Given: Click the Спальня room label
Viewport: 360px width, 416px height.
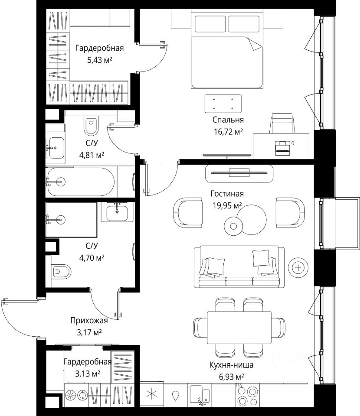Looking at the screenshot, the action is [x=228, y=120].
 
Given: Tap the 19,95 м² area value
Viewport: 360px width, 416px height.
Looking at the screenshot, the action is [x=227, y=205].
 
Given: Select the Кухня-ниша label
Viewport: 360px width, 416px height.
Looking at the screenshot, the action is [x=231, y=365].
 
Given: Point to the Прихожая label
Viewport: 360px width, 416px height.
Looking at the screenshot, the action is [x=89, y=321].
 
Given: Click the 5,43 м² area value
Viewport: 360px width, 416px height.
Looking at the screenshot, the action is [x=100, y=60].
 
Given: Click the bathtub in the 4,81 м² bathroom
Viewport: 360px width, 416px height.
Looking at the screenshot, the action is [x=80, y=182].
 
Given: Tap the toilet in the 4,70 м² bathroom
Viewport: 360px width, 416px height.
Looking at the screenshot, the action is [x=61, y=271].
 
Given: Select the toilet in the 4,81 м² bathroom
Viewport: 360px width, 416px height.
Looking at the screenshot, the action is [x=92, y=126].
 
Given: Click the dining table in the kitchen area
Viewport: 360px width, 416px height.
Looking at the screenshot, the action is [x=239, y=328].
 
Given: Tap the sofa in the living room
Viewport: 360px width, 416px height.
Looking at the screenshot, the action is [x=239, y=266].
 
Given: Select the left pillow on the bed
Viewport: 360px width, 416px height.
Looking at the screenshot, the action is [x=210, y=24].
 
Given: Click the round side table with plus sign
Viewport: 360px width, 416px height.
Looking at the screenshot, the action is [x=298, y=268].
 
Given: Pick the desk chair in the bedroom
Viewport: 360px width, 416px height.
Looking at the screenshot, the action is [x=282, y=123].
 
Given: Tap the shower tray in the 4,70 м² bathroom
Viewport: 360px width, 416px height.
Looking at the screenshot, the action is [x=71, y=220].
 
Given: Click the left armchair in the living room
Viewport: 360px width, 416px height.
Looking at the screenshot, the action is [x=188, y=213].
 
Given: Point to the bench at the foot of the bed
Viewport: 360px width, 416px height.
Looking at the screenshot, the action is [x=223, y=104].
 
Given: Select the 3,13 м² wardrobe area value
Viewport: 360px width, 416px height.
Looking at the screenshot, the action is [x=88, y=374].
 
